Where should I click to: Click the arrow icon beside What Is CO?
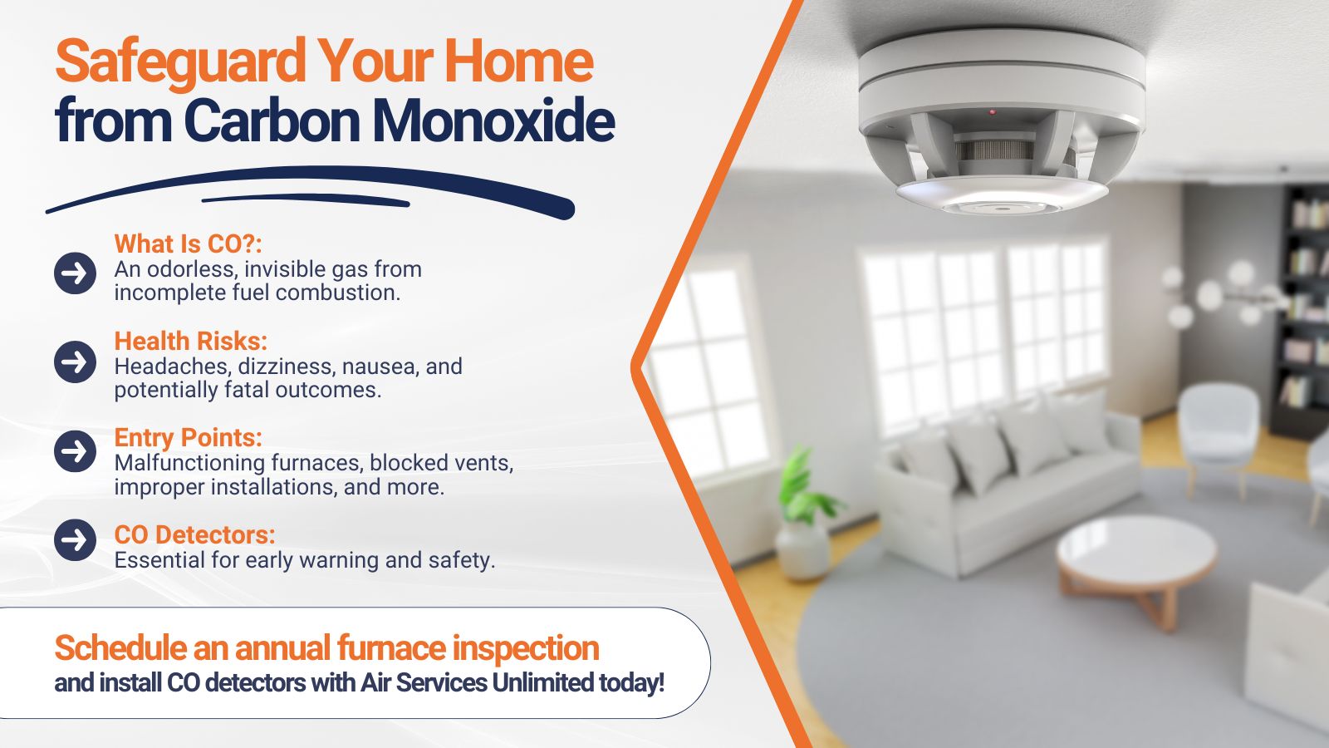[76, 273]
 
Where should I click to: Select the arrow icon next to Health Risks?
[76, 362]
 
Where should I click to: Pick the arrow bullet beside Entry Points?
[76, 451]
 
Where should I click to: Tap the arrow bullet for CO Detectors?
[76, 539]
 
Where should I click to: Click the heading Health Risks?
[190, 342]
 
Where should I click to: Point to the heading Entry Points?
[188, 438]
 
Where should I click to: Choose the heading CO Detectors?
[194, 535]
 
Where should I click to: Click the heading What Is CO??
[188, 244]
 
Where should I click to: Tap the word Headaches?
[172, 367]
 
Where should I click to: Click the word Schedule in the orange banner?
[120, 647]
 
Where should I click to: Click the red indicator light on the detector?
[992, 111]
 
